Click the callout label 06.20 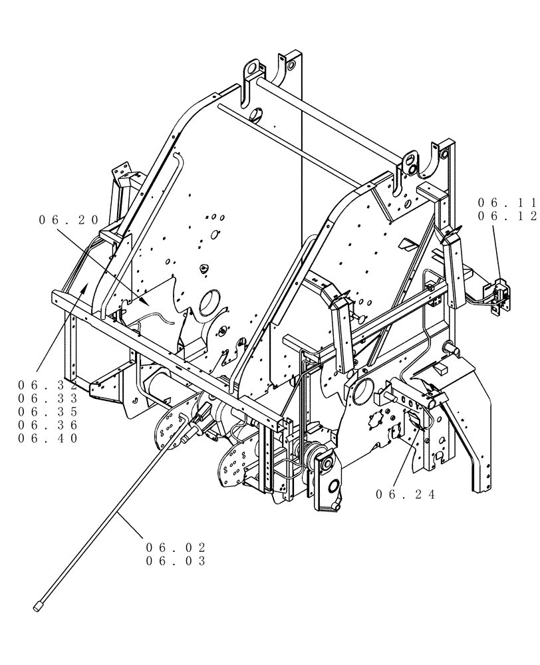click(x=68, y=220)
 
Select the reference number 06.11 click(x=507, y=201)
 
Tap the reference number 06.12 click(x=507, y=215)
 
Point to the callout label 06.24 click(x=405, y=494)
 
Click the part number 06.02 click(x=176, y=547)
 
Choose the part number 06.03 click(x=176, y=561)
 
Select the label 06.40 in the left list click(x=48, y=438)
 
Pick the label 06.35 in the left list click(x=48, y=412)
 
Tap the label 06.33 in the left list click(x=48, y=398)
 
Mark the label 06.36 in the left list click(x=48, y=425)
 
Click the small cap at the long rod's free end click(x=37, y=606)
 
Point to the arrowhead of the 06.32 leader click(x=85, y=285)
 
